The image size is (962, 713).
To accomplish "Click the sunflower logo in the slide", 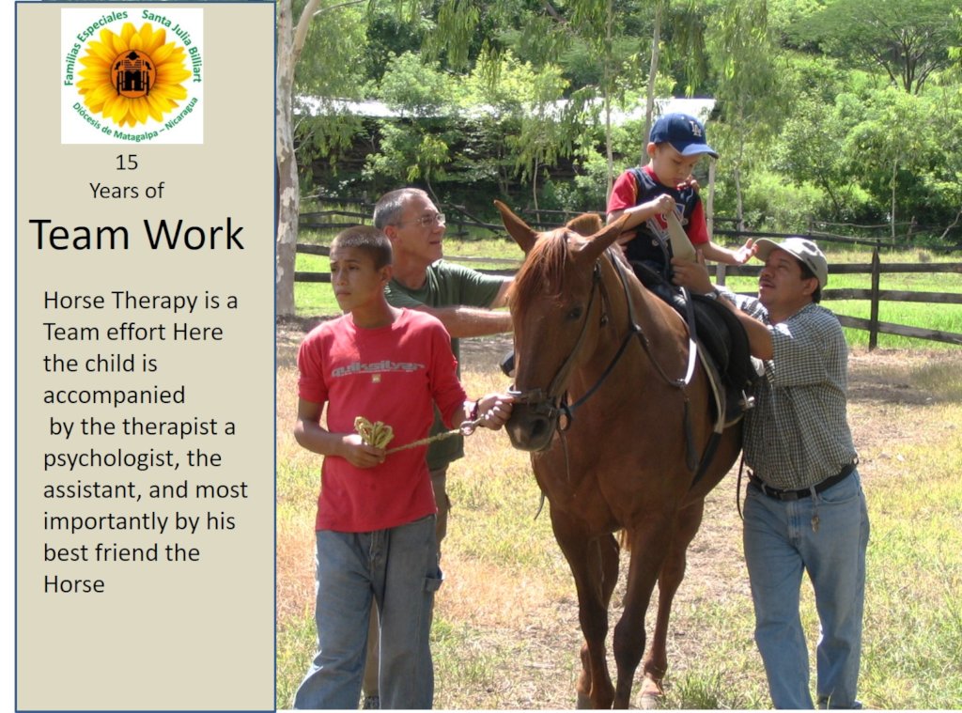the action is (x=132, y=75).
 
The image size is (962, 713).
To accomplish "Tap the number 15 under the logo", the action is (x=127, y=163).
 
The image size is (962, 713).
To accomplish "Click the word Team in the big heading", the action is (x=79, y=235).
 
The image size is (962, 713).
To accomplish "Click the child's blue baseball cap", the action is (x=682, y=134).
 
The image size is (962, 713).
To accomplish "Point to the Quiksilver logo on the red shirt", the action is (x=377, y=368).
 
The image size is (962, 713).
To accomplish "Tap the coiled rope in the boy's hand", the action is (x=374, y=432).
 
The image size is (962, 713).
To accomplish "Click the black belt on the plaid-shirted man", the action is (x=801, y=482).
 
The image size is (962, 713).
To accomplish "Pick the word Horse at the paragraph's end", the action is (x=73, y=584).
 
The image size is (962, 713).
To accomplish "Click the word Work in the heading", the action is (x=194, y=235).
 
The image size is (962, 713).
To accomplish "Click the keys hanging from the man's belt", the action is (x=815, y=521).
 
